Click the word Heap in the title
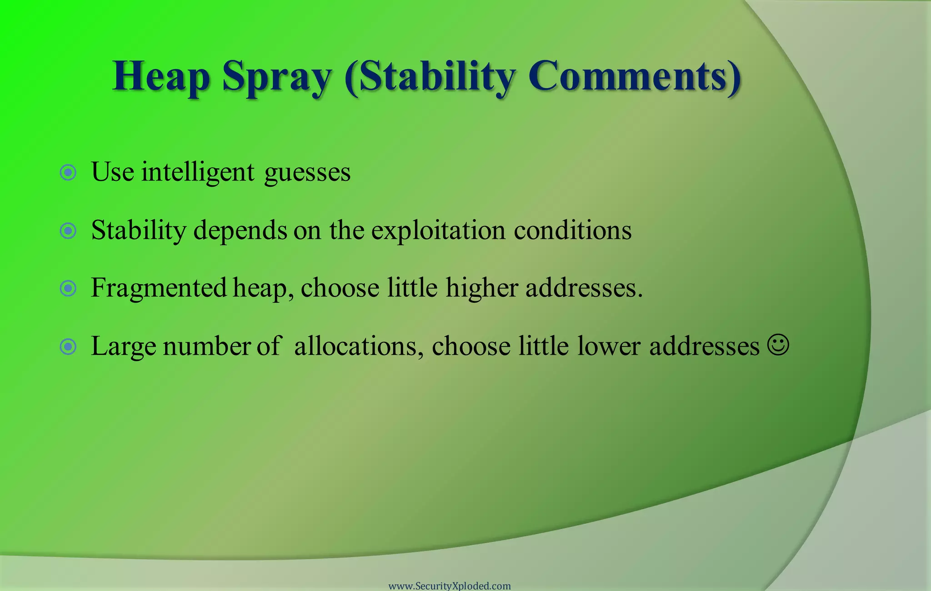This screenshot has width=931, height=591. click(x=161, y=76)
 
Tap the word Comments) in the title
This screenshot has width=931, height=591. click(x=635, y=75)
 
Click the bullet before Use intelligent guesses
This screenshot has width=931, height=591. click(x=68, y=172)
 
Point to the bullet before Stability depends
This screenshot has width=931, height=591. click(x=68, y=230)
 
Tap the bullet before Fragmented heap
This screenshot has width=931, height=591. click(x=68, y=288)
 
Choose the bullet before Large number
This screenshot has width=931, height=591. click(x=68, y=346)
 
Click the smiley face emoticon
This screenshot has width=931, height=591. click(x=778, y=345)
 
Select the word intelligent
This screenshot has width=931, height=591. click(x=198, y=172)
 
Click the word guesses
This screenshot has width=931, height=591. click(x=307, y=173)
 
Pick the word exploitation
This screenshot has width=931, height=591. click(x=438, y=230)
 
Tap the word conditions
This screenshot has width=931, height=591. click(x=573, y=230)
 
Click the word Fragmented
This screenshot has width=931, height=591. click(x=159, y=288)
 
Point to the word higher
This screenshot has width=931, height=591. click(x=482, y=288)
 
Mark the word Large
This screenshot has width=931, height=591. click(x=123, y=346)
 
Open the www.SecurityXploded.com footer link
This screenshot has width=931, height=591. click(x=450, y=586)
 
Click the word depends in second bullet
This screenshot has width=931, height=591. click(x=240, y=230)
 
